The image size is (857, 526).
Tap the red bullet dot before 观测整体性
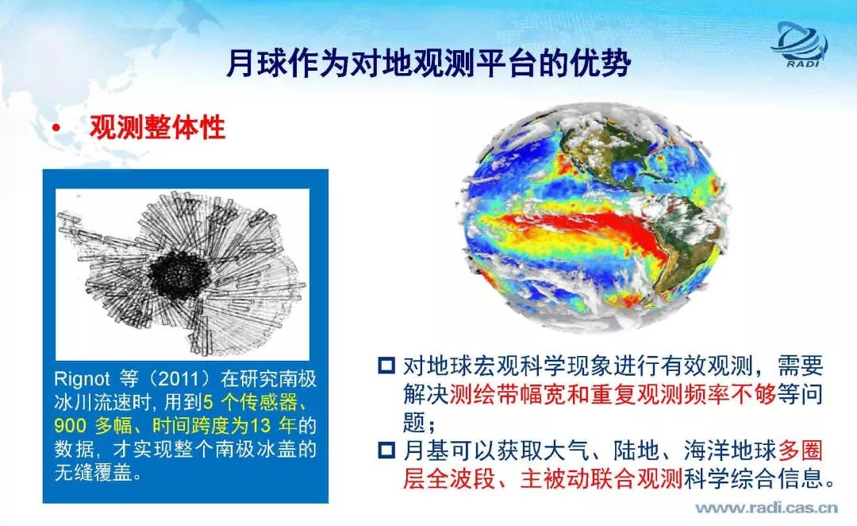56,128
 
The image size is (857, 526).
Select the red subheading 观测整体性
157,127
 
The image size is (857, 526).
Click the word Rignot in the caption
82,379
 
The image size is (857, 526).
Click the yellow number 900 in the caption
70,425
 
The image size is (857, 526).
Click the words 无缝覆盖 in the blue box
93,472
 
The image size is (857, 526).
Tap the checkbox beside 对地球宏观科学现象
386,365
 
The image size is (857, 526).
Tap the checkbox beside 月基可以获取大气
386,451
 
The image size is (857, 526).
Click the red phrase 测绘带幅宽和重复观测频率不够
613,394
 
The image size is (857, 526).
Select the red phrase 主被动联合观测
601,478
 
